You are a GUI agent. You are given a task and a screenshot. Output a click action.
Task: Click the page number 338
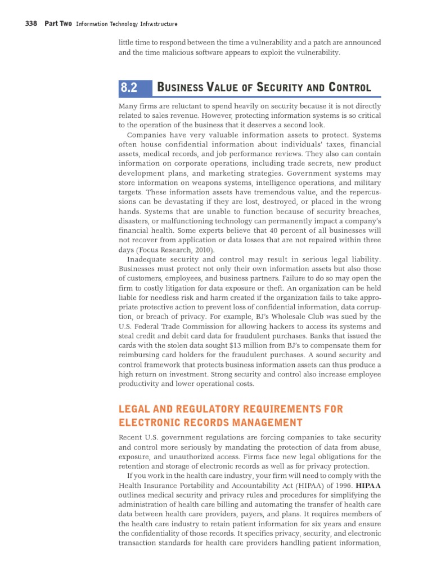click(32, 24)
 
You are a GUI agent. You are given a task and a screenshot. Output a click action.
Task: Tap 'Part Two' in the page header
click(58, 24)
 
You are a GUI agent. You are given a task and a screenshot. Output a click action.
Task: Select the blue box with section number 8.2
click(135, 87)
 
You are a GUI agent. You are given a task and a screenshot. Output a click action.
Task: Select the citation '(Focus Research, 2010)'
click(174, 250)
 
